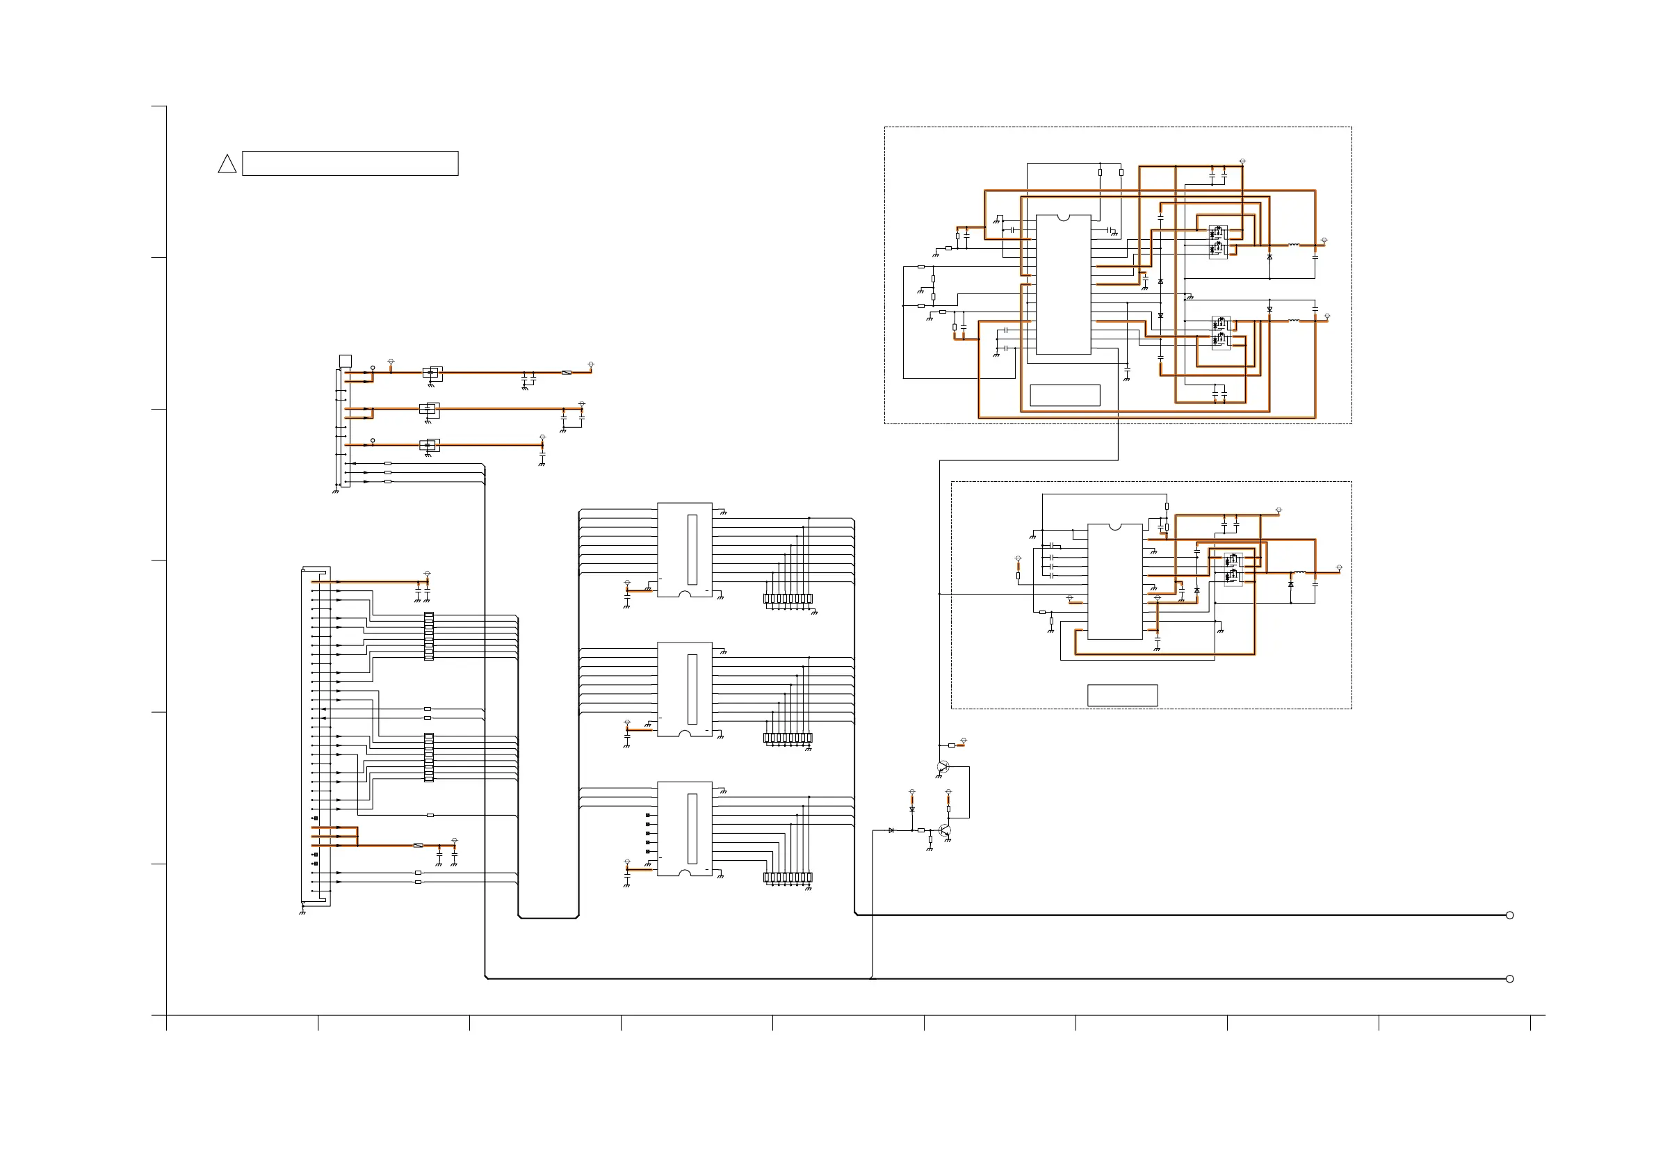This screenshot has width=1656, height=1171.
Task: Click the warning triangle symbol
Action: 227,165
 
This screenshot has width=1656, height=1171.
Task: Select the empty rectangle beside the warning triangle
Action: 350,163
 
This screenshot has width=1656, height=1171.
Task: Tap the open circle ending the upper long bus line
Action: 1509,915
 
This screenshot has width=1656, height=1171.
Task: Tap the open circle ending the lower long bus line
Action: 1509,978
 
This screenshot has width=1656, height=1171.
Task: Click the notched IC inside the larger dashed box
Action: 1063,284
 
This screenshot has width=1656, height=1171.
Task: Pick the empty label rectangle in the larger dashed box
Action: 1064,396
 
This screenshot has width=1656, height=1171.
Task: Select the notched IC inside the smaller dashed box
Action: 1114,581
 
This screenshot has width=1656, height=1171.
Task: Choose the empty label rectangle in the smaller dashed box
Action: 1122,695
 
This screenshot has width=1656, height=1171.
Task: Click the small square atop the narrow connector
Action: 346,361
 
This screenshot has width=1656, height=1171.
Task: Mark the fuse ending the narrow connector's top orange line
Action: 566,372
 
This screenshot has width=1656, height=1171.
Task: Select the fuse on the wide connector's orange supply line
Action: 418,845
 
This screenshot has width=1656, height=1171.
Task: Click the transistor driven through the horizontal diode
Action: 945,830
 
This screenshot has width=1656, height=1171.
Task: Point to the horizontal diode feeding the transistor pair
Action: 891,830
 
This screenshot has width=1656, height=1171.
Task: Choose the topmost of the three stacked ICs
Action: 685,549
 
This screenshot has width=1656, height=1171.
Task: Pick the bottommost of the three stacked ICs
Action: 685,828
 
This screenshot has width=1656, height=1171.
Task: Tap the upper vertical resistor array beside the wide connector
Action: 429,636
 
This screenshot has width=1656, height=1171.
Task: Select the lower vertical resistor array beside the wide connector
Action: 429,757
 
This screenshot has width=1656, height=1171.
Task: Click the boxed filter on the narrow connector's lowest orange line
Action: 430,445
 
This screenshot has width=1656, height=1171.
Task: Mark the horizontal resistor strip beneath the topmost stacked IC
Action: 788,599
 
